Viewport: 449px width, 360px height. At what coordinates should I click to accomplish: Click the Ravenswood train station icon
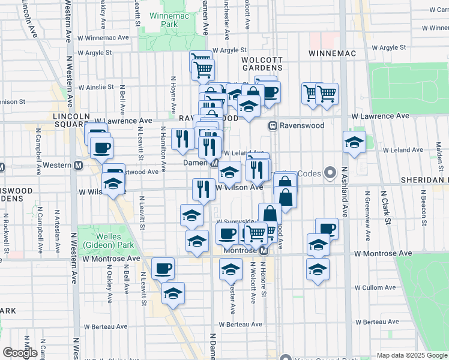coord(272,126)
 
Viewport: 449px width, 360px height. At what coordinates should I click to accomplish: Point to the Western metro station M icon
coord(77,165)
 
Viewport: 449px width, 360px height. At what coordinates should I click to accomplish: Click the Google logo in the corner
coord(20,353)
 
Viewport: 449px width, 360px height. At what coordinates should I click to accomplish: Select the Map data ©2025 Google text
coord(412,355)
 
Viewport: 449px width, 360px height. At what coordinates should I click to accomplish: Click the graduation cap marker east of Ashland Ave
coord(355,142)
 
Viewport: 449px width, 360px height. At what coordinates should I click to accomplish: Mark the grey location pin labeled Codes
coord(330,173)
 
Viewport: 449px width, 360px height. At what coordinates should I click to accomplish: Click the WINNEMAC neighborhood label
coord(332,53)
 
